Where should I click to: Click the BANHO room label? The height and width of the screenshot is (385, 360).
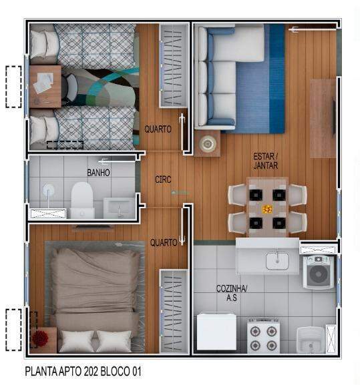98,173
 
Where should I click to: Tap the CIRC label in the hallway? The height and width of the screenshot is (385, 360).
163,179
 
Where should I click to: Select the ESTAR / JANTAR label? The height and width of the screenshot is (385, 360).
266,161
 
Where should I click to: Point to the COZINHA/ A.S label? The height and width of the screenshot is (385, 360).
232,293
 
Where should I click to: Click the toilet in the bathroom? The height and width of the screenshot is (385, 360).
82,200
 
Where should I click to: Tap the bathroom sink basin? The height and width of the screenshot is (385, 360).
119,208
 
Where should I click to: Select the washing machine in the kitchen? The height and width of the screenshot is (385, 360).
319,272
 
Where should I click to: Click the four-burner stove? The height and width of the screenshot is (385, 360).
263,336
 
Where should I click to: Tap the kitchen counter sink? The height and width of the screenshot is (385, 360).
277,261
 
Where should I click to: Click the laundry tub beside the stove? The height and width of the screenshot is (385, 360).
311,340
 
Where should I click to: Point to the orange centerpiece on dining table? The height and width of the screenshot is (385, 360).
267,210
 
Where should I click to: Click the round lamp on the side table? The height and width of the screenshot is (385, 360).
208,143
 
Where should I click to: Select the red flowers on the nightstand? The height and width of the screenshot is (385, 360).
40,338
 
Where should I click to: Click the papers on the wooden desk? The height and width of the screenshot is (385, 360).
43,83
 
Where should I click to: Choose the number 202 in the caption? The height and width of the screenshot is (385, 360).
91,372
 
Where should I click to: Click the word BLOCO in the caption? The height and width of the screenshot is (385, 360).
116,372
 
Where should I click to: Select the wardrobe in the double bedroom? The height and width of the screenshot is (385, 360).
174,311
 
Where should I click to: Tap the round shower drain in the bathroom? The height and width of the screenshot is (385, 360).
48,189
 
